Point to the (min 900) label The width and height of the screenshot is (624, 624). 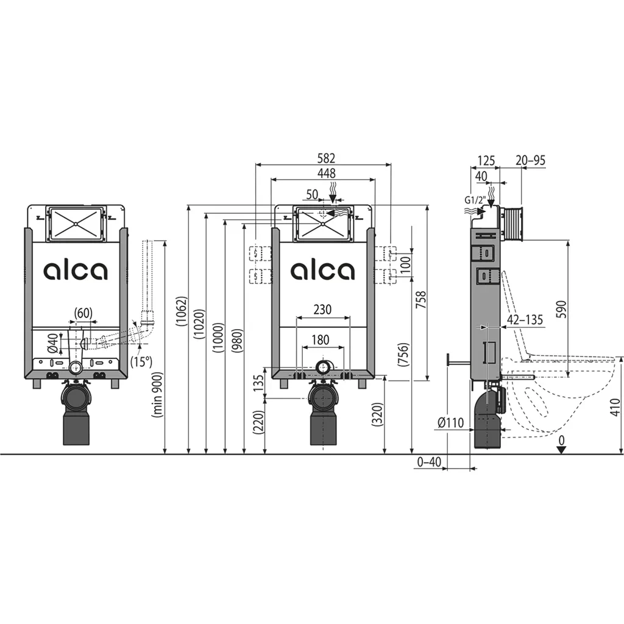(x=158, y=394)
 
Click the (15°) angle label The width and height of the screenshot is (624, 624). (x=141, y=362)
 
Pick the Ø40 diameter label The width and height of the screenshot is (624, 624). (x=53, y=343)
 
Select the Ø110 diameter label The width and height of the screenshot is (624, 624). (x=450, y=422)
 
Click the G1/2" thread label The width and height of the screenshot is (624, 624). (x=475, y=200)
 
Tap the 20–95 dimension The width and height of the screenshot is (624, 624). (x=530, y=160)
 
